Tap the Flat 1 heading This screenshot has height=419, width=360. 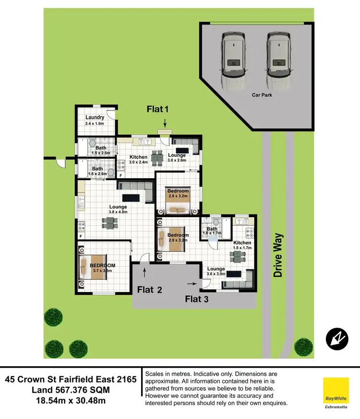tap(158, 110)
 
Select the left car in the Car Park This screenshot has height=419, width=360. tap(233, 62)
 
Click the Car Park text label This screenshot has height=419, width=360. tap(262, 95)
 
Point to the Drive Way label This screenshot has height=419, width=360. tap(278, 255)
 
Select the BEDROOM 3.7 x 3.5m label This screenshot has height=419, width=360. tap(103, 268)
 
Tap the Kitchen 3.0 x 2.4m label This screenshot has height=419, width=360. tap(139, 160)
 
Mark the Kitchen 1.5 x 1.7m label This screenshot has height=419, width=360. tap(242, 246)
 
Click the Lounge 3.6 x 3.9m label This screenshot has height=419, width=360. tap(216, 272)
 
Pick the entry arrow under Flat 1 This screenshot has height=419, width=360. tap(165, 124)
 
